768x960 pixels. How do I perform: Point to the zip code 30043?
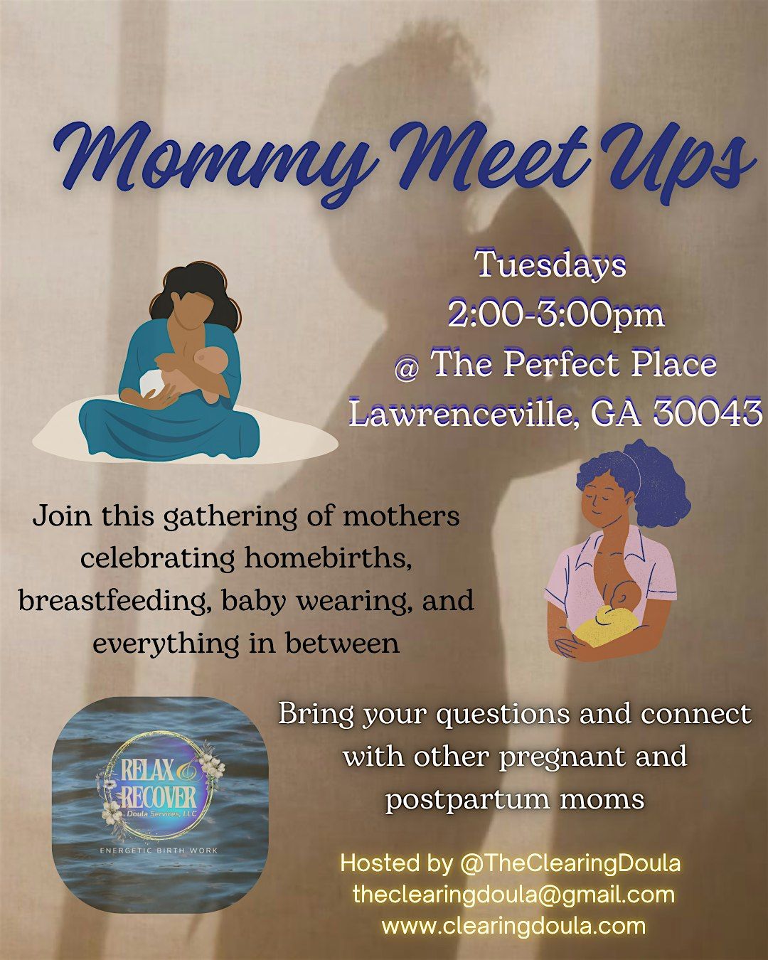click(707, 413)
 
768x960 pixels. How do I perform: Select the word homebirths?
click(328, 558)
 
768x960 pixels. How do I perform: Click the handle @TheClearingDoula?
click(570, 863)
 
